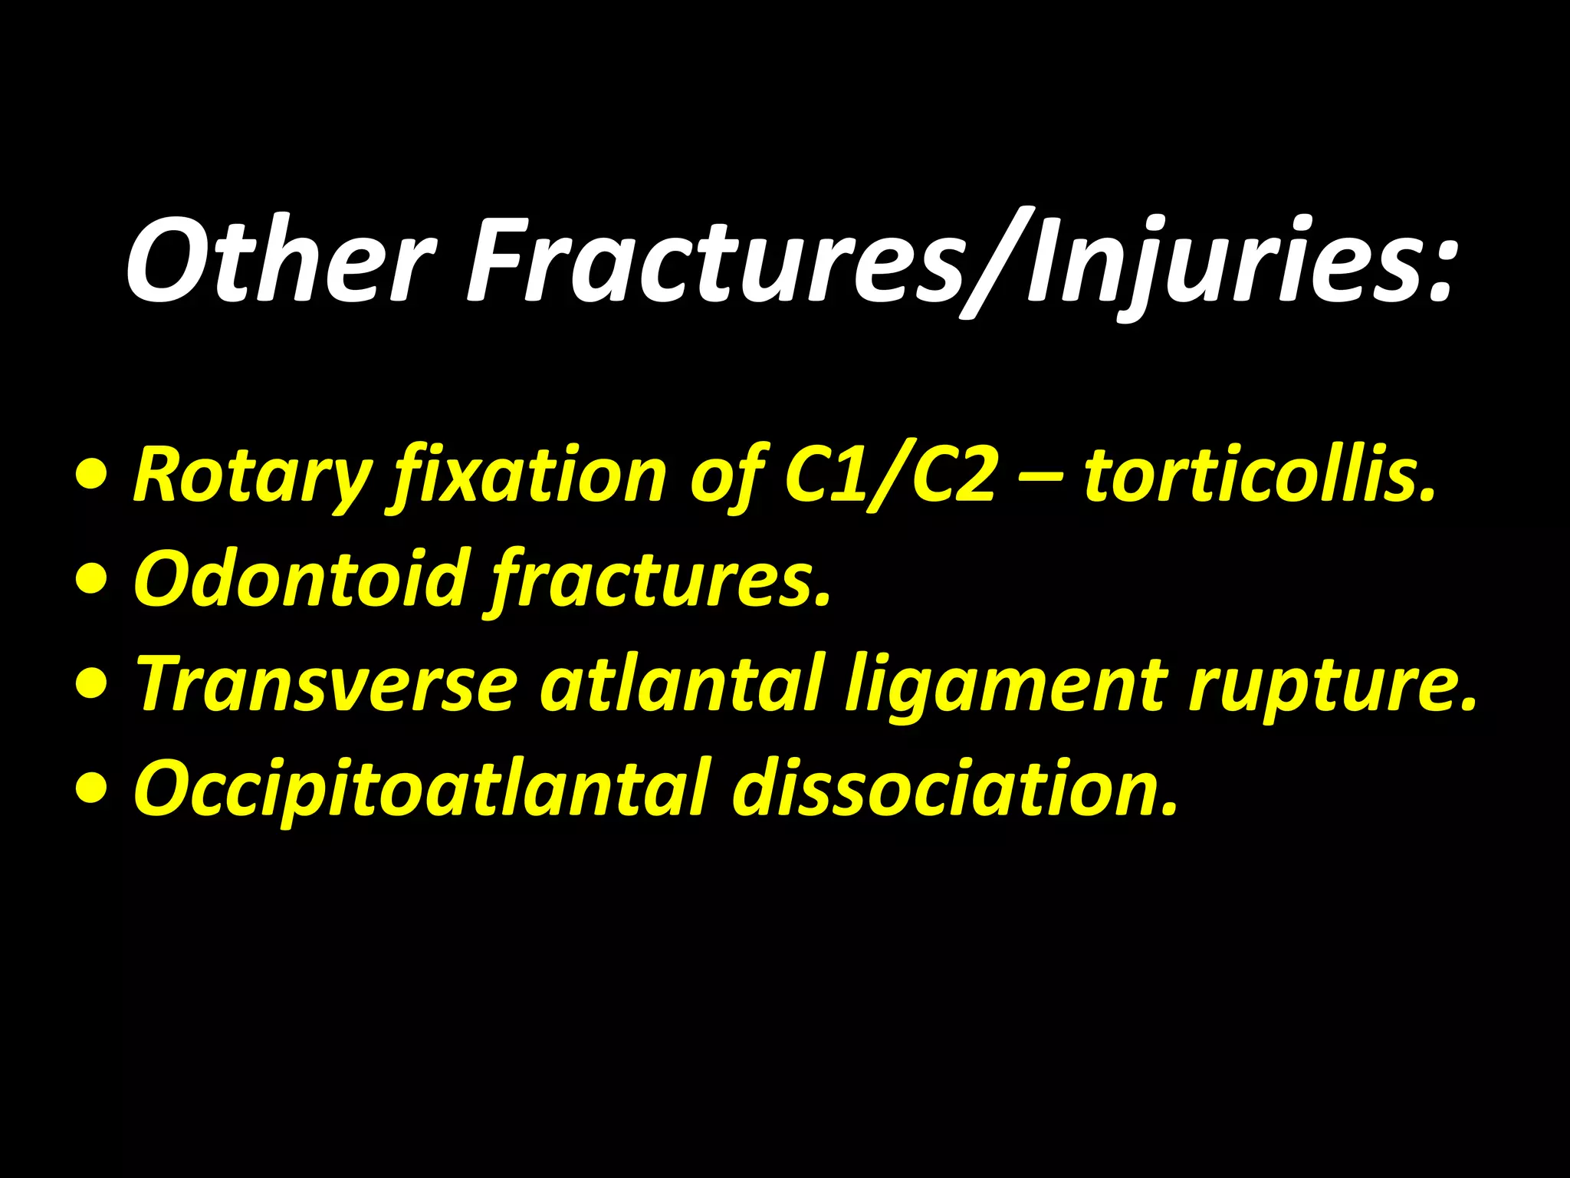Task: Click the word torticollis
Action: pyautogui.click(x=1257, y=475)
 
